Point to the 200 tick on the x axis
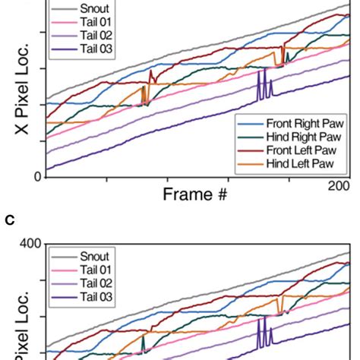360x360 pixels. pos(339,187)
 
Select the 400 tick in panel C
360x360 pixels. pos(29,245)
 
